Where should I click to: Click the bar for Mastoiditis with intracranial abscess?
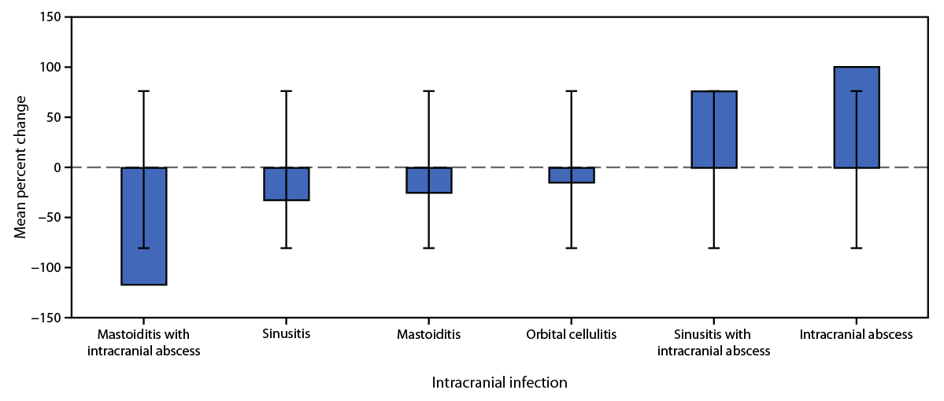click(144, 226)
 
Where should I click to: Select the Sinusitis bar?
click(287, 184)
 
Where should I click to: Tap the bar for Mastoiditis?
click(429, 180)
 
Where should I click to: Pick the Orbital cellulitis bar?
click(572, 175)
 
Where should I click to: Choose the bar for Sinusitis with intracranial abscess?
click(714, 130)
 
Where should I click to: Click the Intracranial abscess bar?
click(857, 117)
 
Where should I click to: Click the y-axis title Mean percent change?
click(21, 167)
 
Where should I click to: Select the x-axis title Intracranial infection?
click(499, 383)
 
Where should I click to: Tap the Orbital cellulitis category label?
click(572, 334)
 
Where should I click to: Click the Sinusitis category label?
click(287, 334)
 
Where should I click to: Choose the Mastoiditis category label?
click(429, 334)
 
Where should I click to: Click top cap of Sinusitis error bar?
click(287, 91)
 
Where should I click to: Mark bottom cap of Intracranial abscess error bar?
click(857, 248)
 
